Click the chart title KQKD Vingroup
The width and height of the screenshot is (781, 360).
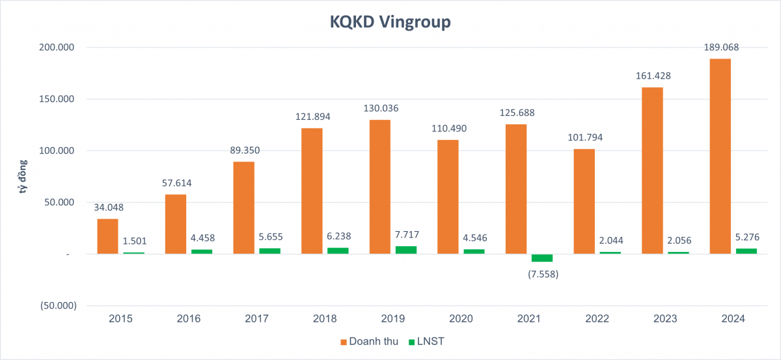point(390,23)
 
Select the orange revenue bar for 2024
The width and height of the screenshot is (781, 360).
point(720,156)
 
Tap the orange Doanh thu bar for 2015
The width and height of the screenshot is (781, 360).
point(108,236)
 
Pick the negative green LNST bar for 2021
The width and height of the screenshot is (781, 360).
point(541,258)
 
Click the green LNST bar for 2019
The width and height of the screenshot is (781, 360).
point(406,250)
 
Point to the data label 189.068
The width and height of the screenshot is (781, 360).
point(720,47)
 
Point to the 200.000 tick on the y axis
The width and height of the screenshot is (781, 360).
point(58,48)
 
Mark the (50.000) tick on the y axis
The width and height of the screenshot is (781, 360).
point(57,305)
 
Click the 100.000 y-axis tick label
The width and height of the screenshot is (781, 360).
point(58,151)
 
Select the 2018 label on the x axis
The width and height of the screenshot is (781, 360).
point(325,319)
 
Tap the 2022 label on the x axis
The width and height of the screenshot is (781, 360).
point(597,319)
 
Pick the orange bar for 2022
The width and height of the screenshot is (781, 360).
point(584,202)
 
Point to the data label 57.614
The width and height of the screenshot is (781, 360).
point(176,183)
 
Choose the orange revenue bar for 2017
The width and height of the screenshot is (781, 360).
point(244,208)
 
